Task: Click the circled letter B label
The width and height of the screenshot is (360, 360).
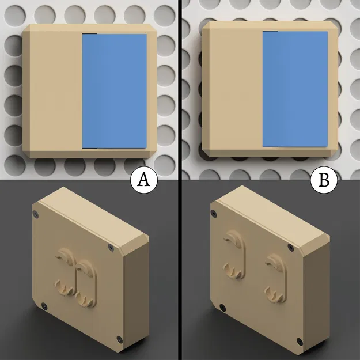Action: pyautogui.click(x=324, y=180)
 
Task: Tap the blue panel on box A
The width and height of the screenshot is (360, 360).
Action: pyautogui.click(x=114, y=91)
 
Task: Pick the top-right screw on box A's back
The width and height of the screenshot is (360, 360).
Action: pyautogui.click(x=110, y=248)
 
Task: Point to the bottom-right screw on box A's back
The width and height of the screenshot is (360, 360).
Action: pyautogui.click(x=119, y=338)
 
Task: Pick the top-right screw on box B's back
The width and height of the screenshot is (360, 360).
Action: pyautogui.click(x=290, y=248)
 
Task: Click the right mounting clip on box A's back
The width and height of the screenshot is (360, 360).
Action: pyautogui.click(x=85, y=281)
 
